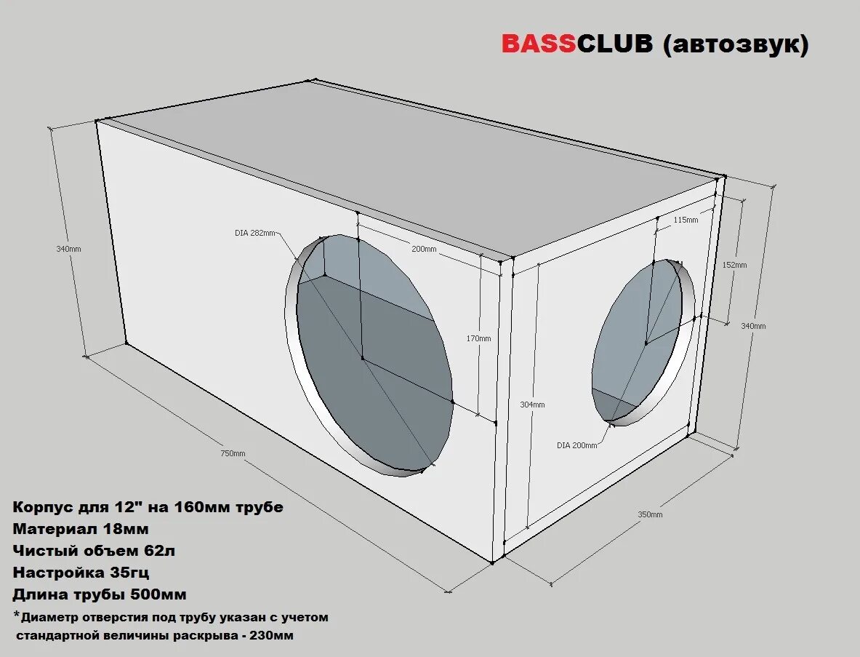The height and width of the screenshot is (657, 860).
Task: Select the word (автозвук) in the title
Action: [x=735, y=45]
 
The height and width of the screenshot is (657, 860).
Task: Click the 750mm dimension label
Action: [x=233, y=453]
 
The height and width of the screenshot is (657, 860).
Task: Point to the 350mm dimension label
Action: [x=650, y=514]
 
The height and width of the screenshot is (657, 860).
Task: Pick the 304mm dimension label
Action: [x=533, y=405]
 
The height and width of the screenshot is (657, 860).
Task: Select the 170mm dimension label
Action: [x=478, y=338]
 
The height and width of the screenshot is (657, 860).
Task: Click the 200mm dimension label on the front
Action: [x=425, y=249]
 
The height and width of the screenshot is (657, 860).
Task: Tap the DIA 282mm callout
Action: [x=254, y=233]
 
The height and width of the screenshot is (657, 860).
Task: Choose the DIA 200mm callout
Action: [x=577, y=445]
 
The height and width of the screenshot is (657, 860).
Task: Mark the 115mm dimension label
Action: [x=686, y=219]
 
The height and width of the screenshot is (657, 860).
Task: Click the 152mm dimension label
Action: [x=735, y=265]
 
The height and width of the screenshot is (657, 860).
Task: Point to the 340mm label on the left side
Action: [x=68, y=249]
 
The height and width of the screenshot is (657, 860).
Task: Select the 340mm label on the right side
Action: [x=753, y=326]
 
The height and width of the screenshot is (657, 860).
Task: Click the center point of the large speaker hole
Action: [x=362, y=358]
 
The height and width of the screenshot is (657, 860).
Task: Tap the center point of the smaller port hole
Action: [x=645, y=343]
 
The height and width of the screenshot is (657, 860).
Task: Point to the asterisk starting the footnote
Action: [x=17, y=616]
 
